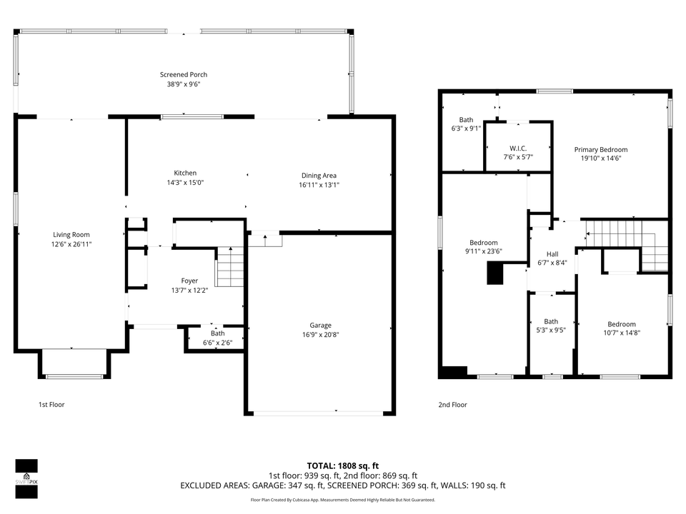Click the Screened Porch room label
(x=183, y=74)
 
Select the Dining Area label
(x=319, y=175)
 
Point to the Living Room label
(x=71, y=234)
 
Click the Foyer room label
(x=189, y=281)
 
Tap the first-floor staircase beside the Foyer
(x=230, y=266)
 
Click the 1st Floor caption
(x=51, y=405)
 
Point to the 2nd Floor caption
(x=452, y=405)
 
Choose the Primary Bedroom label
(x=601, y=149)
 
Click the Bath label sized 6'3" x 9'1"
(x=466, y=120)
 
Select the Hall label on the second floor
(x=552, y=253)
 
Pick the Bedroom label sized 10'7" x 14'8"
(x=622, y=323)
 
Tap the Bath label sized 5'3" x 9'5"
(x=551, y=321)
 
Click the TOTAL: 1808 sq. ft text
(x=342, y=464)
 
